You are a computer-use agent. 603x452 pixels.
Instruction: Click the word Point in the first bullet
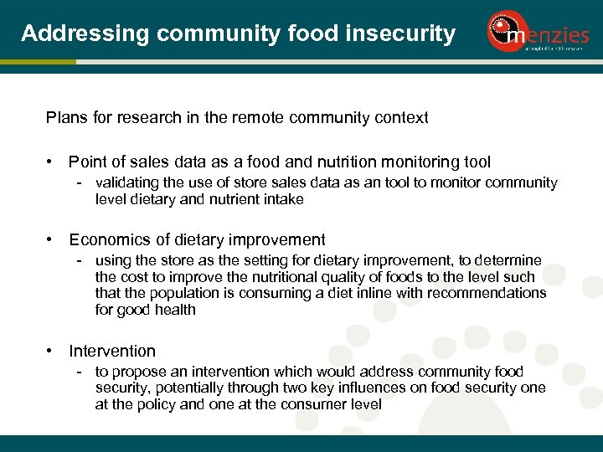click(x=88, y=162)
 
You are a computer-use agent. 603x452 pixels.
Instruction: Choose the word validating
click(x=127, y=182)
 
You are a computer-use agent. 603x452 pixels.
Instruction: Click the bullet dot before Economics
click(x=52, y=239)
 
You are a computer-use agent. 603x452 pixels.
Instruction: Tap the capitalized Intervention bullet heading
click(x=112, y=351)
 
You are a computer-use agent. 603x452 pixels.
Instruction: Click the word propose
click(x=136, y=372)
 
